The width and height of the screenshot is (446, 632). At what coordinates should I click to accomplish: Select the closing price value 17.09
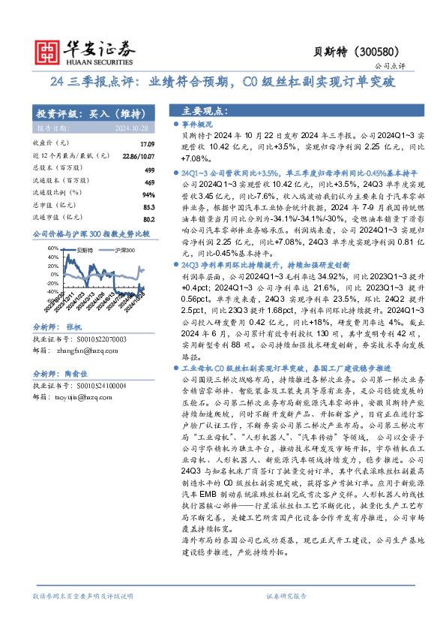tap(147, 143)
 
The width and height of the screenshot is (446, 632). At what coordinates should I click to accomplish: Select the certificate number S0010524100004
tap(102, 386)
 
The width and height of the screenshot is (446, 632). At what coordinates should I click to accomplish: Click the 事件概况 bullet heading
tap(198, 124)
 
